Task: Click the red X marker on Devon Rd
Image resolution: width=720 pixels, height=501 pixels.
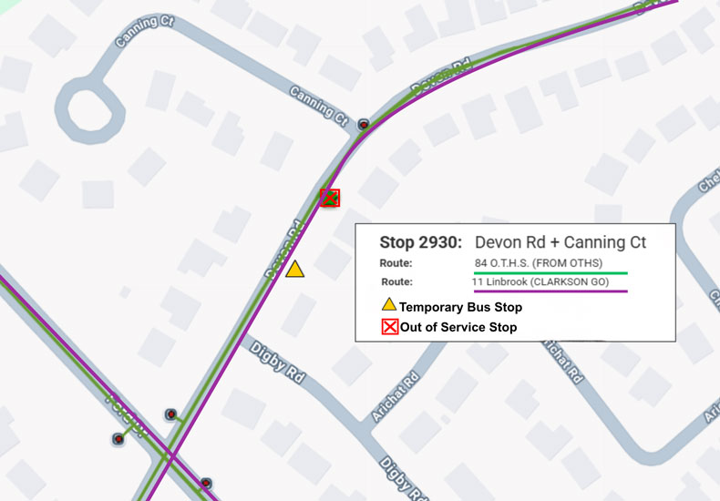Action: coord(331,198)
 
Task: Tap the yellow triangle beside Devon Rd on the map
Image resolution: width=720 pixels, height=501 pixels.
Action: coord(294,270)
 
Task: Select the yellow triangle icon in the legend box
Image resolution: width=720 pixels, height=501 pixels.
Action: coord(389,306)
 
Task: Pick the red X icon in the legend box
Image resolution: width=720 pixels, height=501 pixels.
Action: coord(389,327)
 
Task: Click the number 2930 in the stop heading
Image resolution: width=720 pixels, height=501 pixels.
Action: coord(442,242)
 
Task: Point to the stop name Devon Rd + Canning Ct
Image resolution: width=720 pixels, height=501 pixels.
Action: coord(561,242)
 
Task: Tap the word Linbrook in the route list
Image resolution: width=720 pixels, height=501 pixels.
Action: coord(506,281)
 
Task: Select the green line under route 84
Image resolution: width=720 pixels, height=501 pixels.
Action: coord(550,272)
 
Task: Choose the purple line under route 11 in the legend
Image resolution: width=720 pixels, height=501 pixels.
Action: coord(550,291)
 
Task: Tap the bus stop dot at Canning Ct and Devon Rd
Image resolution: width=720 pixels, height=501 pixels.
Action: coord(364,124)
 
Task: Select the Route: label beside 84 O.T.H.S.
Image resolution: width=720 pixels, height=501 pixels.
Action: coord(396,263)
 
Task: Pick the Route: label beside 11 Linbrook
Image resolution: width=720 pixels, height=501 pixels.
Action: coord(396,281)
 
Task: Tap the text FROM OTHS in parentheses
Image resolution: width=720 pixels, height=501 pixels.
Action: coord(583,263)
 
